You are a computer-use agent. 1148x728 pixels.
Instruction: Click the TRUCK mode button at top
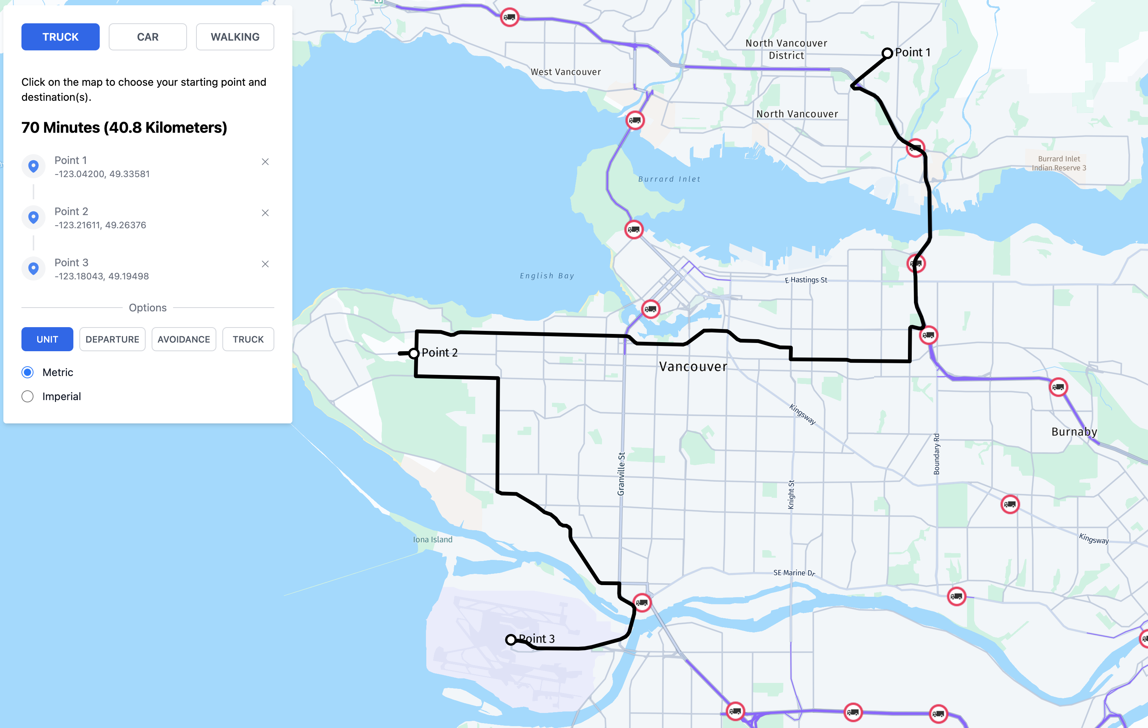60,37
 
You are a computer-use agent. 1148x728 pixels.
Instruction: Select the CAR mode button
147,37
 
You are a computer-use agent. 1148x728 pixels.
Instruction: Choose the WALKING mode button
235,37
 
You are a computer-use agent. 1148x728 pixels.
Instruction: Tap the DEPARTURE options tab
112,339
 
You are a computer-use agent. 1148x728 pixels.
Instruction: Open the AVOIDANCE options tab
184,339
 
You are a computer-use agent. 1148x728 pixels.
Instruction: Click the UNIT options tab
47,339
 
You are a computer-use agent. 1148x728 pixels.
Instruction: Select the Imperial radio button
27,396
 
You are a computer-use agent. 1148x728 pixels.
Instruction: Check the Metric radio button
27,372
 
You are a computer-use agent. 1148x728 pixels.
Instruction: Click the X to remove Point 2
265,213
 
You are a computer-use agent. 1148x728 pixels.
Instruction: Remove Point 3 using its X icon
265,264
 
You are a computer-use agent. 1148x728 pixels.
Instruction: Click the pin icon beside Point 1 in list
33,166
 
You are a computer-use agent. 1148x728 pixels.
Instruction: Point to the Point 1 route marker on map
887,53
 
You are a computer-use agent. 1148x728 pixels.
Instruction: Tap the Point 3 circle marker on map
511,639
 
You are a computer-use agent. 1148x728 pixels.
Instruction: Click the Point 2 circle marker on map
414,353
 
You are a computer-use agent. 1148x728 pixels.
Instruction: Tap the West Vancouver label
566,72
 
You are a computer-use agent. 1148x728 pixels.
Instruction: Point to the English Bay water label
547,276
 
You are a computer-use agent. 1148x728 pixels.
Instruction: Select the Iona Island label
432,539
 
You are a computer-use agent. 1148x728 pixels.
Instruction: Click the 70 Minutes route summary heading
124,128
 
